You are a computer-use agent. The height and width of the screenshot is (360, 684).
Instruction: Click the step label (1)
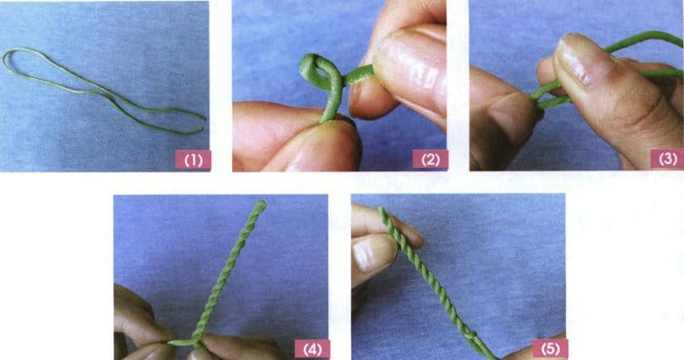pos(193,160)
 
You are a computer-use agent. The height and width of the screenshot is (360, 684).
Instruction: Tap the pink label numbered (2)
pos(431,160)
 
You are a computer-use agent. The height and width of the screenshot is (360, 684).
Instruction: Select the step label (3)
pos(667,159)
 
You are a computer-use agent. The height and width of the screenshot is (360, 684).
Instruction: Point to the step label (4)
pos(312,349)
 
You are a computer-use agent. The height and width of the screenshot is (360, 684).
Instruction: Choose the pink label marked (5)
pos(551,349)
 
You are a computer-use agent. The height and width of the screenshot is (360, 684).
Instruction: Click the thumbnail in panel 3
pos(578,57)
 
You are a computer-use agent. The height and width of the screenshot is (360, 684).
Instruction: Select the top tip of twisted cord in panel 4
pos(260,205)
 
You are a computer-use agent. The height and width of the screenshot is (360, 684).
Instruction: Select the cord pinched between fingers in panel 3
pos(551,98)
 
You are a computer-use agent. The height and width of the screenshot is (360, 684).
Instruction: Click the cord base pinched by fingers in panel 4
pos(189,342)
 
